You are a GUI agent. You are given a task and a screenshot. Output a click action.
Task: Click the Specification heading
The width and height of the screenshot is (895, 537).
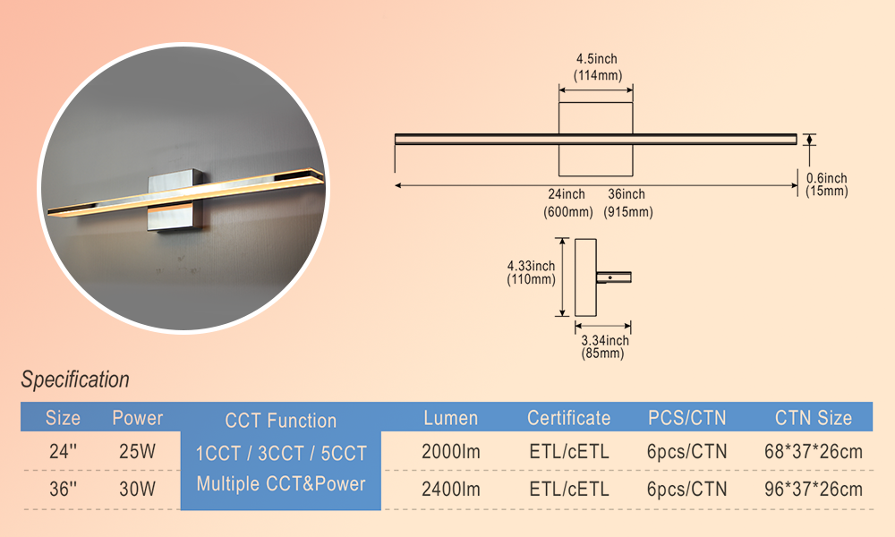pos(75,379)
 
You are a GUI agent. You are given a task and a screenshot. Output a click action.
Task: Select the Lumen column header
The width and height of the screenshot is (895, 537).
pos(450,418)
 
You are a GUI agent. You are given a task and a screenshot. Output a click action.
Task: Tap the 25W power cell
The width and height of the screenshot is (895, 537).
pos(138,452)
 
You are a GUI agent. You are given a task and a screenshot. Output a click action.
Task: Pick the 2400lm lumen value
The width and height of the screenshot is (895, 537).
pos(450,490)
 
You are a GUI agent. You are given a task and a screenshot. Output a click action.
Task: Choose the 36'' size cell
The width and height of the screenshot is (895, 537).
pos(63,490)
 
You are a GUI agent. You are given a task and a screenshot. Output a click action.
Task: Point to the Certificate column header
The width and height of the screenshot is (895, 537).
pos(568,418)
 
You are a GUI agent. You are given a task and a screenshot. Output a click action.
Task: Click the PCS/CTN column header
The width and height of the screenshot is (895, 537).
pos(686,418)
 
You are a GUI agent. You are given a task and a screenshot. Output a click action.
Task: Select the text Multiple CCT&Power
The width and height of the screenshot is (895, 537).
pos(281,484)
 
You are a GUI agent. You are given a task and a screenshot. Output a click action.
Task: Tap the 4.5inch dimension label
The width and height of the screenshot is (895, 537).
pos(596,59)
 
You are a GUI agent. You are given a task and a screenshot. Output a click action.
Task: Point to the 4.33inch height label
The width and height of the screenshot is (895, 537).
pos(531,266)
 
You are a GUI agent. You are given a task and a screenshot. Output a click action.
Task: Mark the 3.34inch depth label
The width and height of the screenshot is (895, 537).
pos(605,340)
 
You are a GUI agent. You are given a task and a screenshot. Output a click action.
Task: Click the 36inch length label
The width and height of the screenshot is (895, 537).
pos(626,194)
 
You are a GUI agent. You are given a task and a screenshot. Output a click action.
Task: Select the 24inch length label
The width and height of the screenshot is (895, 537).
pos(567,194)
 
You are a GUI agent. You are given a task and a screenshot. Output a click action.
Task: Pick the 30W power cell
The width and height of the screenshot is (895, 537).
pos(138,490)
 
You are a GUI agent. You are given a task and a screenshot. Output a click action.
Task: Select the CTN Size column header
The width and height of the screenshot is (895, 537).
pos(814,418)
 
